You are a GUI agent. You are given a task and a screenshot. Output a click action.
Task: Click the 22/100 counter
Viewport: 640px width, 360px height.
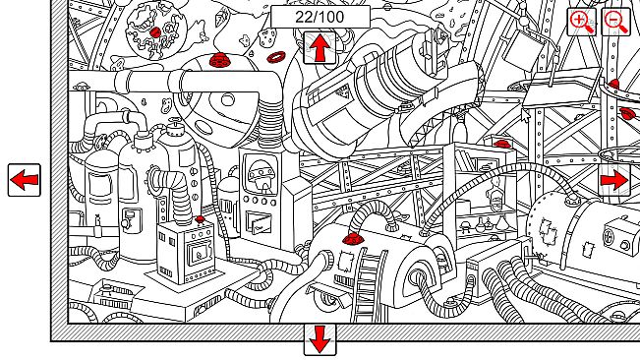click(320, 17)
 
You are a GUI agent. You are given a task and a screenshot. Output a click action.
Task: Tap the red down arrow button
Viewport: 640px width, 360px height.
click(320, 339)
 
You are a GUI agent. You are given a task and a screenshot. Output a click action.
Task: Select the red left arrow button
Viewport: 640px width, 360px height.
click(25, 180)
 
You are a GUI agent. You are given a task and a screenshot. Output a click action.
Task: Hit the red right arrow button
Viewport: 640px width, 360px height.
click(614, 180)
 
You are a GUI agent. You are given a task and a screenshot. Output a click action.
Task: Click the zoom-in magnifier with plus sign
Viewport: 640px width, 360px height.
click(582, 22)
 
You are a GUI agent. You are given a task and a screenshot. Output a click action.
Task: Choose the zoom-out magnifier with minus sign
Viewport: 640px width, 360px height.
click(616, 22)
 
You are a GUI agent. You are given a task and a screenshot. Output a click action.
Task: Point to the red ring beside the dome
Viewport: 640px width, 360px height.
click(276, 57)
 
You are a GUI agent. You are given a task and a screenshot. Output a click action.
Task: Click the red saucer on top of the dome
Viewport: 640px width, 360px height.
click(220, 60)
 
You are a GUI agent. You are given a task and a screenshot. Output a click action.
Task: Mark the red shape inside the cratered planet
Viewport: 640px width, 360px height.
click(155, 32)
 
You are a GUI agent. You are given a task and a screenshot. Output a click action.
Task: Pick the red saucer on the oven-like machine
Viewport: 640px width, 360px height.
click(200, 220)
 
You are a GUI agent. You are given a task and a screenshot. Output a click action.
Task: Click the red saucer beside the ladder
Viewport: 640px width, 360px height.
click(353, 238)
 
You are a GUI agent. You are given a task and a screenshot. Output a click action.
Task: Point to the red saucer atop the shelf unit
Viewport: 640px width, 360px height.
click(502, 144)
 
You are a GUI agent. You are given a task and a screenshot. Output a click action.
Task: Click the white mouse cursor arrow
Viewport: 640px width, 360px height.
click(526, 115)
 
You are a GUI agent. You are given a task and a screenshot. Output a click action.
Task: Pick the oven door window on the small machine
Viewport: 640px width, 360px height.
click(199, 253)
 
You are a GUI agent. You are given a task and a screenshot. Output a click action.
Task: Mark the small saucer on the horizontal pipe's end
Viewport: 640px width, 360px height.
click(82, 87)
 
